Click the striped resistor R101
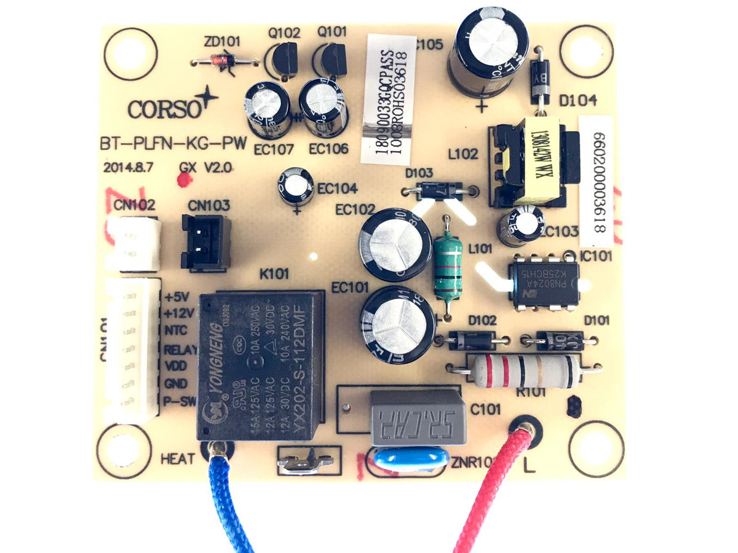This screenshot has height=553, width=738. point(526,371)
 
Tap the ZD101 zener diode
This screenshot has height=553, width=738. point(224,61)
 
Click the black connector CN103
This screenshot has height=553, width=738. point(205,241)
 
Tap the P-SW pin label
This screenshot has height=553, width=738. point(180,402)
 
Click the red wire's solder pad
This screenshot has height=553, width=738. point(525,428)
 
